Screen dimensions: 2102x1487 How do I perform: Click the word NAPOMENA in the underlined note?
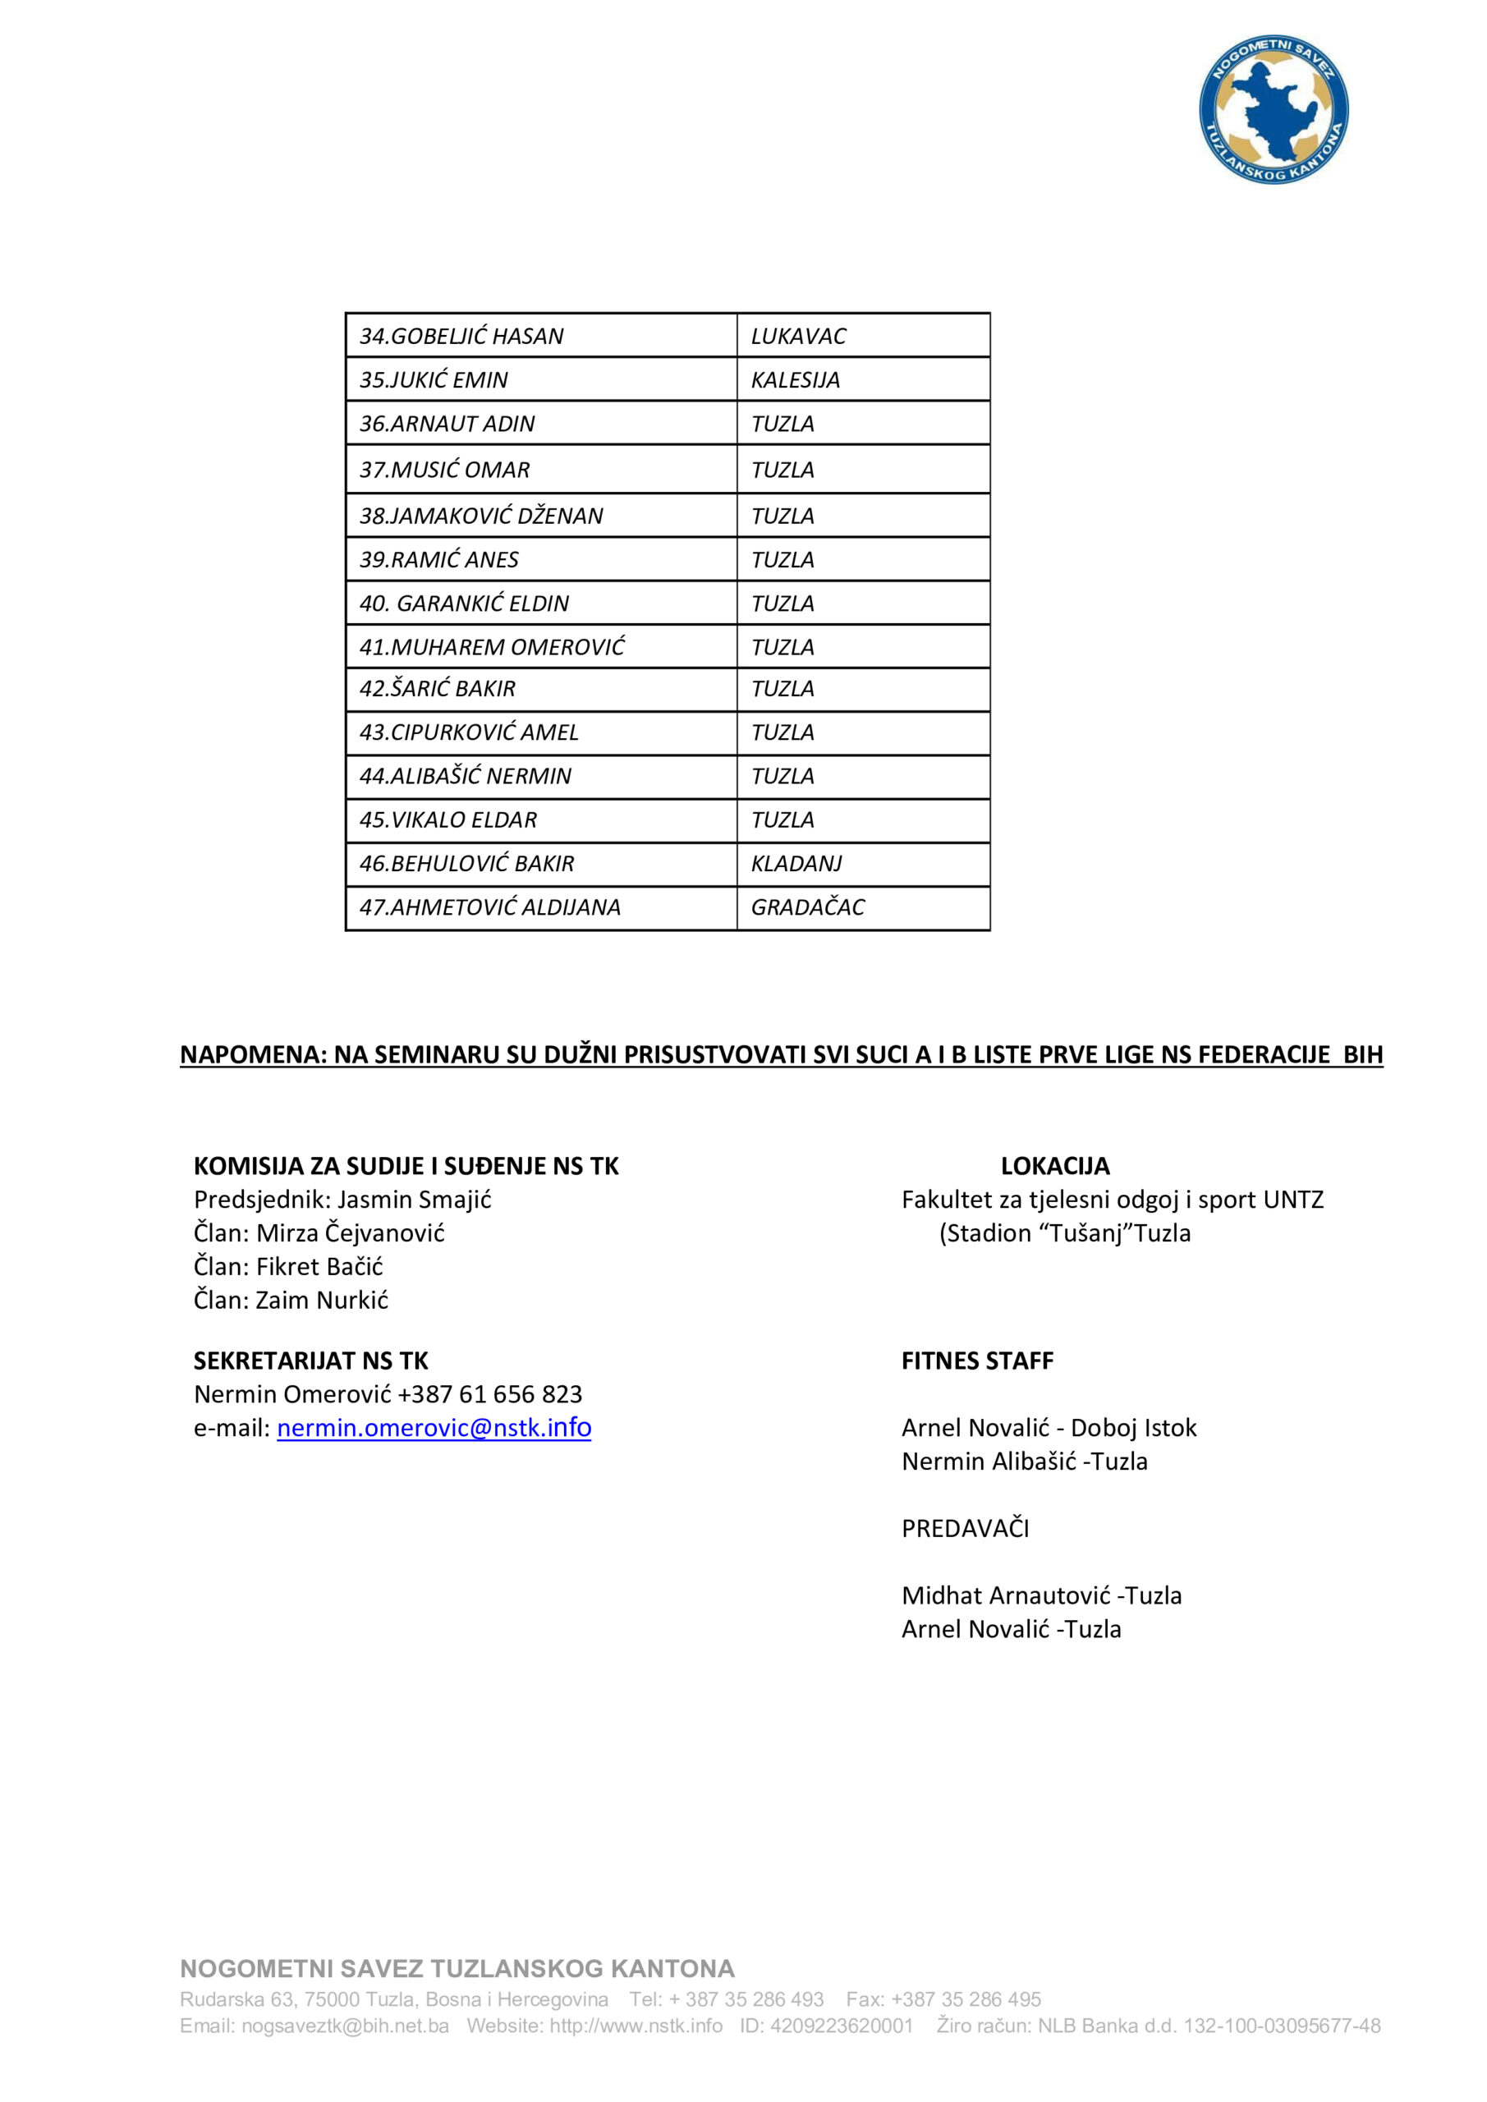pos(253,1054)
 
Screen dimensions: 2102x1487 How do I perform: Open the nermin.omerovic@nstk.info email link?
pos(434,1427)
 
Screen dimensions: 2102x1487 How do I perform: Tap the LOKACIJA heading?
pos(1055,1165)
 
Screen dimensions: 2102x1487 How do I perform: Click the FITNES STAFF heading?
pos(977,1361)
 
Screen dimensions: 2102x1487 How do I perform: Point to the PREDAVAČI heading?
pos(965,1528)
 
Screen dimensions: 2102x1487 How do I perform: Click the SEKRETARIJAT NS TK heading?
pos(310,1361)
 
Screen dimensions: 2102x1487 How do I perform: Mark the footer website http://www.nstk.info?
pos(636,2025)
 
